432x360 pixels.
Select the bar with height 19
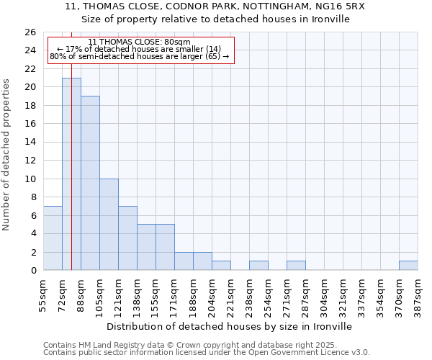90,183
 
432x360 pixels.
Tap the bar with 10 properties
109,225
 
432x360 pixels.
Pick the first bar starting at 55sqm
53,238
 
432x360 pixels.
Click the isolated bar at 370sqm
408,266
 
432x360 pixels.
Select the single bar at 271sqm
296,266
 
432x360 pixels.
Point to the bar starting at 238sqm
258,266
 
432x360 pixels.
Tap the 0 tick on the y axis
32,271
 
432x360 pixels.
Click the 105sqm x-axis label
99,294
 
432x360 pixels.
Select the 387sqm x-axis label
418,294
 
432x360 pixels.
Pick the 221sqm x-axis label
230,294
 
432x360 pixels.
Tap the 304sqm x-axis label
324,294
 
